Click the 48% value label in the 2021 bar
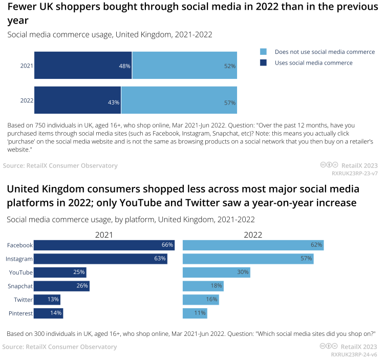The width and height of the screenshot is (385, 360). coord(125,66)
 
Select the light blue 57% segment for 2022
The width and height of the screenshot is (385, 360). coord(179,100)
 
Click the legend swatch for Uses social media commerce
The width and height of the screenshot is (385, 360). coord(263,63)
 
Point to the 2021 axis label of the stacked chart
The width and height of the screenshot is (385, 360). coord(27,66)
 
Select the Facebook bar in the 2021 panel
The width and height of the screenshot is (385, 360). coord(104,245)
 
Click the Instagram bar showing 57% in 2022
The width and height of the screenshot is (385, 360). coord(248,259)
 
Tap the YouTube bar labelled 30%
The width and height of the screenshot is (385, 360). coord(216,272)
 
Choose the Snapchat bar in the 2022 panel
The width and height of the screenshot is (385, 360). coord(203,286)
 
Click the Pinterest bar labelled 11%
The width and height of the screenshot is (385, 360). coord(195,313)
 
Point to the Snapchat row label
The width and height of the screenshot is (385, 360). coord(20,286)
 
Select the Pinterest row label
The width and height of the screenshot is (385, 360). coord(20,313)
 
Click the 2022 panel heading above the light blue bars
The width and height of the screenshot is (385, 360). coord(253,235)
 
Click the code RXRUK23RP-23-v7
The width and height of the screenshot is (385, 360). coord(355,174)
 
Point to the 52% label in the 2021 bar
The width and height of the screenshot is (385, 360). coord(229,66)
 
